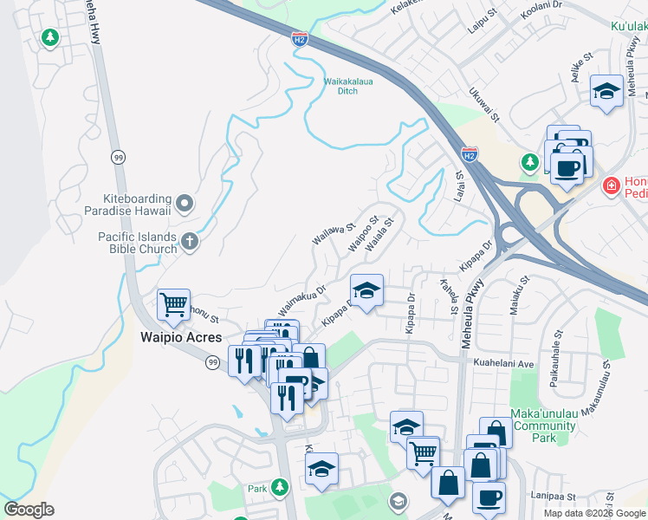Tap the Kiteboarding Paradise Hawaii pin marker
tap(184, 205)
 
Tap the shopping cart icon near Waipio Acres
tap(173, 305)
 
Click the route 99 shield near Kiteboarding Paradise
tap(118, 157)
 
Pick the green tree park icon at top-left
tap(50, 37)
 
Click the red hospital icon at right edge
tap(611, 185)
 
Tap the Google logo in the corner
tap(29, 510)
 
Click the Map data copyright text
tap(593, 512)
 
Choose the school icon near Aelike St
tap(606, 91)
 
